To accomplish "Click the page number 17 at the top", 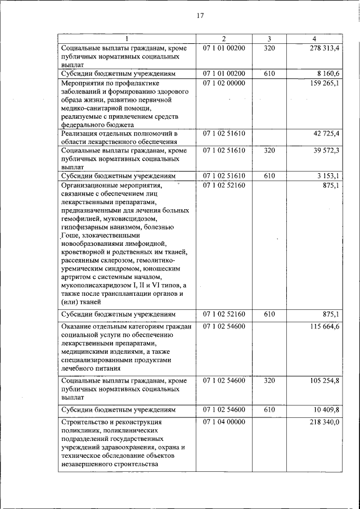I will pyautogui.click(x=199, y=15).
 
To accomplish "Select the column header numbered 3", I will pyautogui.click(x=269, y=39).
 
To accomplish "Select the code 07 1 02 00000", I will pyautogui.click(x=223, y=83).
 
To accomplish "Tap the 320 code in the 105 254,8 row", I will pyautogui.click(x=269, y=381).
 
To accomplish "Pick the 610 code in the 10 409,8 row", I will pyautogui.click(x=269, y=409).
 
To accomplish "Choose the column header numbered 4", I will pyautogui.click(x=314, y=39).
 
